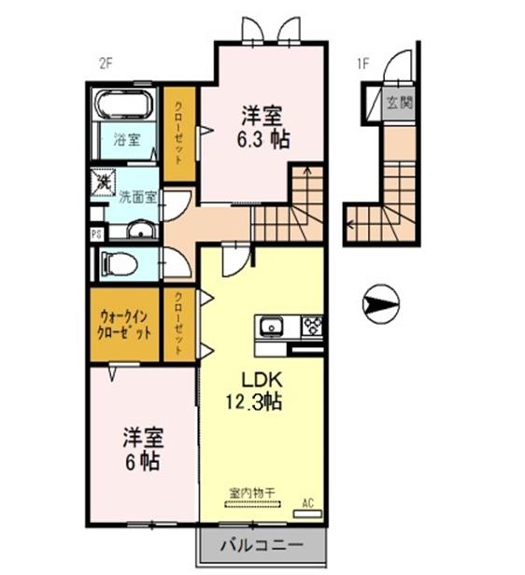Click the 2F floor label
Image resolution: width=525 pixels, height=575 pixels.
point(106,63)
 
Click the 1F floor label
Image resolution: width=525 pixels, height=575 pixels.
point(362,63)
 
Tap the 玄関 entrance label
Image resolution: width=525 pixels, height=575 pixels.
point(399,103)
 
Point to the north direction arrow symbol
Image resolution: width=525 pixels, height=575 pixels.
point(379,303)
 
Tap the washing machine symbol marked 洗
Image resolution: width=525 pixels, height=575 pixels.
point(101,179)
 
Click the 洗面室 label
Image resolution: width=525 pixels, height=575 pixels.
point(136,197)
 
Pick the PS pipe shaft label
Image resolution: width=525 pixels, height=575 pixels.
point(96,234)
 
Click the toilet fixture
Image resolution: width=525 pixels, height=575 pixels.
point(119,264)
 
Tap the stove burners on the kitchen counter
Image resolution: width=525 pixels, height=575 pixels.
point(311,327)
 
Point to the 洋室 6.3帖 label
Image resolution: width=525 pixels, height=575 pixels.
point(262,128)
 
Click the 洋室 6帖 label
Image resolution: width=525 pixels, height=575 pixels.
point(143,450)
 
